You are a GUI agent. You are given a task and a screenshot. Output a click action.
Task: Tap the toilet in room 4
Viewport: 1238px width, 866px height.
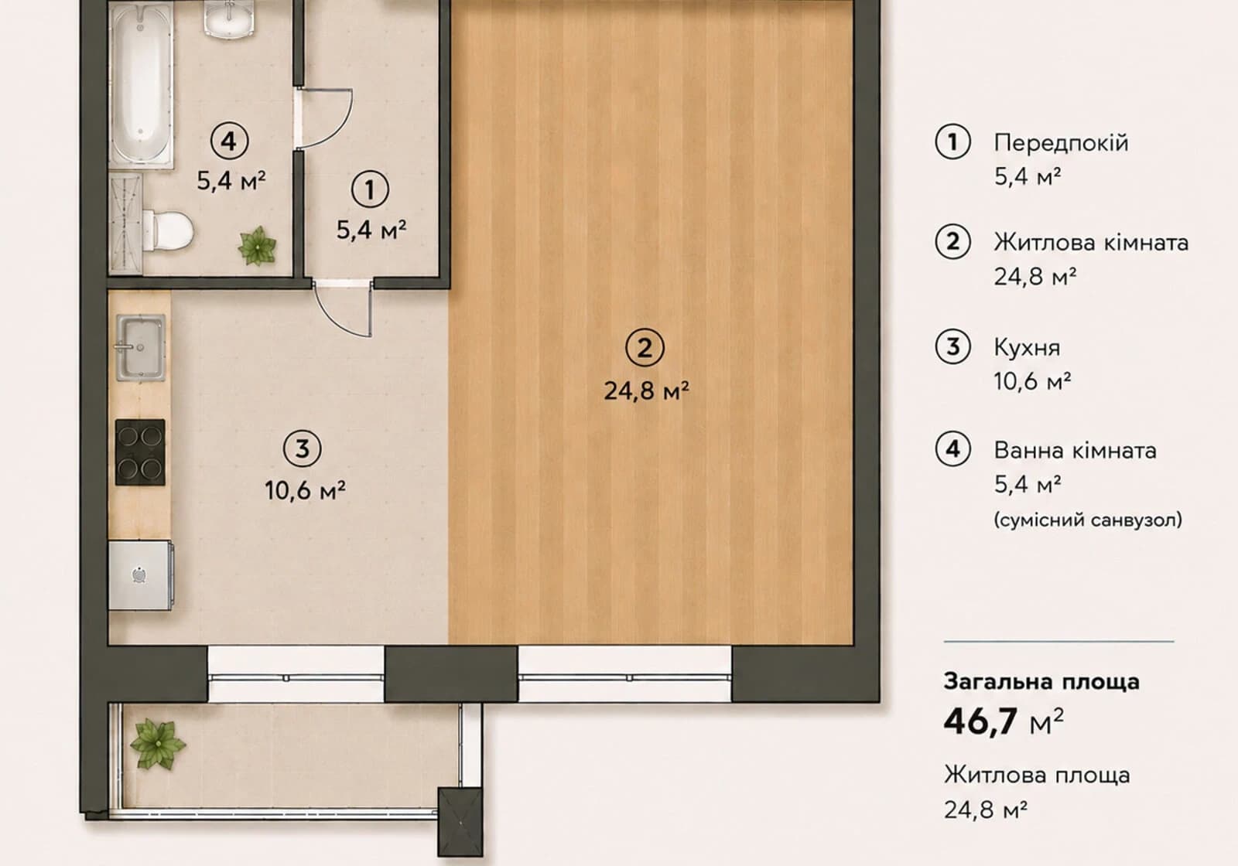point(168,230)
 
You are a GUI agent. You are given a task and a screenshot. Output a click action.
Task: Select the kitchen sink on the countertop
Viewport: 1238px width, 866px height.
point(140,347)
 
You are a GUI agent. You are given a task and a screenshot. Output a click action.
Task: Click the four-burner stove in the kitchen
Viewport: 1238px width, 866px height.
point(140,452)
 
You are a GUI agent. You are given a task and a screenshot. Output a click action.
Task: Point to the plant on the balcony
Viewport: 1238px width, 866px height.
point(158,744)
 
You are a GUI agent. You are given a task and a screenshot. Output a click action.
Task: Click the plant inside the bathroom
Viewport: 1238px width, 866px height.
point(257,247)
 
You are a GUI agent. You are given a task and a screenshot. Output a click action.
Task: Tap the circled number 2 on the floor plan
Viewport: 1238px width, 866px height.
point(645,348)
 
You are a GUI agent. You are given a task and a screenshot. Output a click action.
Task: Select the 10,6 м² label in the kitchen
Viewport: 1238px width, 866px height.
point(305,490)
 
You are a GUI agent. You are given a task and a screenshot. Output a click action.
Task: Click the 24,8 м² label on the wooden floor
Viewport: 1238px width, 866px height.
point(646,390)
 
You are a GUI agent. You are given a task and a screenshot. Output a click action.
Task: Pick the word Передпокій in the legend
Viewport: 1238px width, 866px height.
point(1061,143)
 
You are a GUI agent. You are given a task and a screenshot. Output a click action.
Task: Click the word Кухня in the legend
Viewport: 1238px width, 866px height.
point(1027,348)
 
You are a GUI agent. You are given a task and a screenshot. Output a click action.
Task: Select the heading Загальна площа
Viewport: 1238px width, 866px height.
point(1041,681)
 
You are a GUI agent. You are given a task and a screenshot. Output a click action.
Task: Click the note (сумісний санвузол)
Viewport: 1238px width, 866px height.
point(1088,520)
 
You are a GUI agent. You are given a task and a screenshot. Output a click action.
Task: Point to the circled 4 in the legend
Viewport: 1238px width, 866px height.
point(952,448)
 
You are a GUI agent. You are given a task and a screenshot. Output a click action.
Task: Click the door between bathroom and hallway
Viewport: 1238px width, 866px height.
point(324,118)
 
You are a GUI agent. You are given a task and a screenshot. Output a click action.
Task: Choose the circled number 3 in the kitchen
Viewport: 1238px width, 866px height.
point(303,448)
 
